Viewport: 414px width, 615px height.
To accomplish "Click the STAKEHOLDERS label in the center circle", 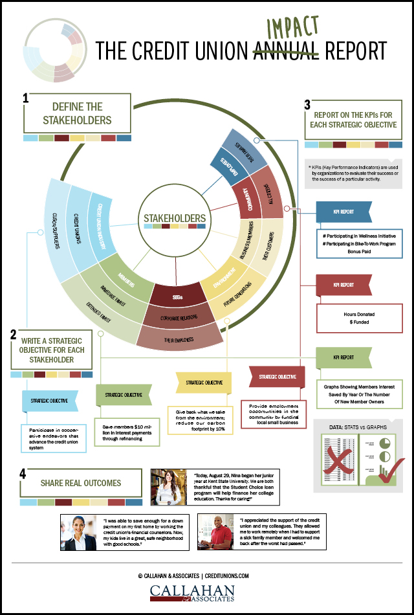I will [x=175, y=218].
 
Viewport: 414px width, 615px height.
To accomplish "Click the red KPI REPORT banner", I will [x=343, y=284].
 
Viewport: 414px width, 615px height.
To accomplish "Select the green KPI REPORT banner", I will [x=343, y=357].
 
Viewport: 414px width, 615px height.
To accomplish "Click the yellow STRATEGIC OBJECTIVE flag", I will [x=203, y=383].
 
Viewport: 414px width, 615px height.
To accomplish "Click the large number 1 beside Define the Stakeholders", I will [x=25, y=99].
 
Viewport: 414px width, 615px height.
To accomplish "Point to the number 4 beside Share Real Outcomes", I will [x=24, y=473].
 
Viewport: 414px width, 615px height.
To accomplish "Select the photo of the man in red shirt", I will [x=216, y=532].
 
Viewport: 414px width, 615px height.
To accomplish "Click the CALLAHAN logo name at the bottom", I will [x=206, y=590].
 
